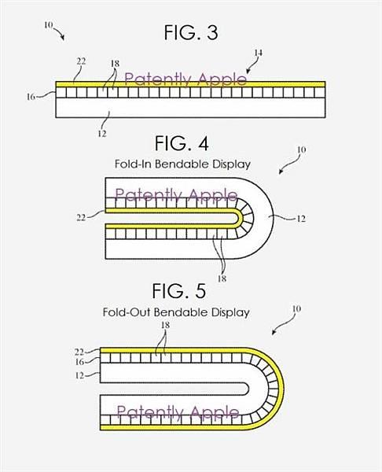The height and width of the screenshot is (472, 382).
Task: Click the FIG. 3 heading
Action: [191, 32]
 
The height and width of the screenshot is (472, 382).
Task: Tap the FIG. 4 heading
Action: [182, 144]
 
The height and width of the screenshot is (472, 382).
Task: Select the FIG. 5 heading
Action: [179, 291]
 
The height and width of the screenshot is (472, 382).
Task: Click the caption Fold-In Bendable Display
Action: [182, 164]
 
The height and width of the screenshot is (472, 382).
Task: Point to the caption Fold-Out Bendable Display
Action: [176, 312]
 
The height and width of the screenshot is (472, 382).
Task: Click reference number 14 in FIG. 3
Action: [258, 53]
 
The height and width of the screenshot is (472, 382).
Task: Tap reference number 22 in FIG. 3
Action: [81, 61]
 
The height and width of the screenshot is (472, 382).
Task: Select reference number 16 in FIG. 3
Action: [31, 97]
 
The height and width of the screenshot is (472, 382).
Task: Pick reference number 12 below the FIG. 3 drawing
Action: [102, 134]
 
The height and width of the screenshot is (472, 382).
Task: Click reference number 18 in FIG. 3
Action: [115, 64]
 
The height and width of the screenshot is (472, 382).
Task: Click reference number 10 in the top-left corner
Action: [48, 25]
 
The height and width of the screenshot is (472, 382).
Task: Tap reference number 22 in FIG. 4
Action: [81, 217]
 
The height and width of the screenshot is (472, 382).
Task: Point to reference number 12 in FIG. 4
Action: [301, 219]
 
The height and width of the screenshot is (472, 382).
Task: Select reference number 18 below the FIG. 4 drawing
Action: [222, 278]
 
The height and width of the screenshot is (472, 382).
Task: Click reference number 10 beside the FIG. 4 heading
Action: [301, 149]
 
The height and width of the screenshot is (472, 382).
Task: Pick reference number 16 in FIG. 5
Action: [79, 362]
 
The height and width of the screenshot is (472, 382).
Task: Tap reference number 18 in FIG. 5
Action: [165, 325]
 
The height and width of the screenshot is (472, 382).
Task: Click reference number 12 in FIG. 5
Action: [79, 375]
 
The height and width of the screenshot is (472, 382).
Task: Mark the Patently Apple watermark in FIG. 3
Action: [185, 79]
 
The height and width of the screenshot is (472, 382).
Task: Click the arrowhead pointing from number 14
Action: [248, 72]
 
